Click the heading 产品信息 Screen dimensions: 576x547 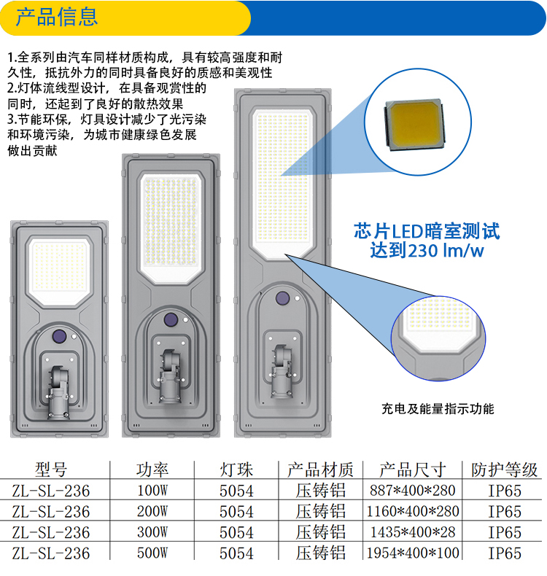pos(56,17)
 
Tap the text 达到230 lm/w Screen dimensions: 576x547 pos(427,251)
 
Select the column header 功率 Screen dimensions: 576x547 pos(152,469)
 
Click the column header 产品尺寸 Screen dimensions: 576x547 pos(413,469)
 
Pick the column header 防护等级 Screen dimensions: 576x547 pos(505,469)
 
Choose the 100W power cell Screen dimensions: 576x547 pos(152,491)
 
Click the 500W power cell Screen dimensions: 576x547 pos(152,553)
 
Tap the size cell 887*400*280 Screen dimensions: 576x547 pos(413,491)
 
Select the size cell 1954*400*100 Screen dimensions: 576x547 pos(413,553)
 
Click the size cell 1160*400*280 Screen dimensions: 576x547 pos(413,511)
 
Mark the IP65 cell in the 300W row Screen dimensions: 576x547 pos(505,532)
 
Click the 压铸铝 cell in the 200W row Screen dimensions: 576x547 pos(320,511)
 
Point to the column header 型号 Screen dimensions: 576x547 pos(51,469)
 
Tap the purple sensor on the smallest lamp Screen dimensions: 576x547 pos(59,336)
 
